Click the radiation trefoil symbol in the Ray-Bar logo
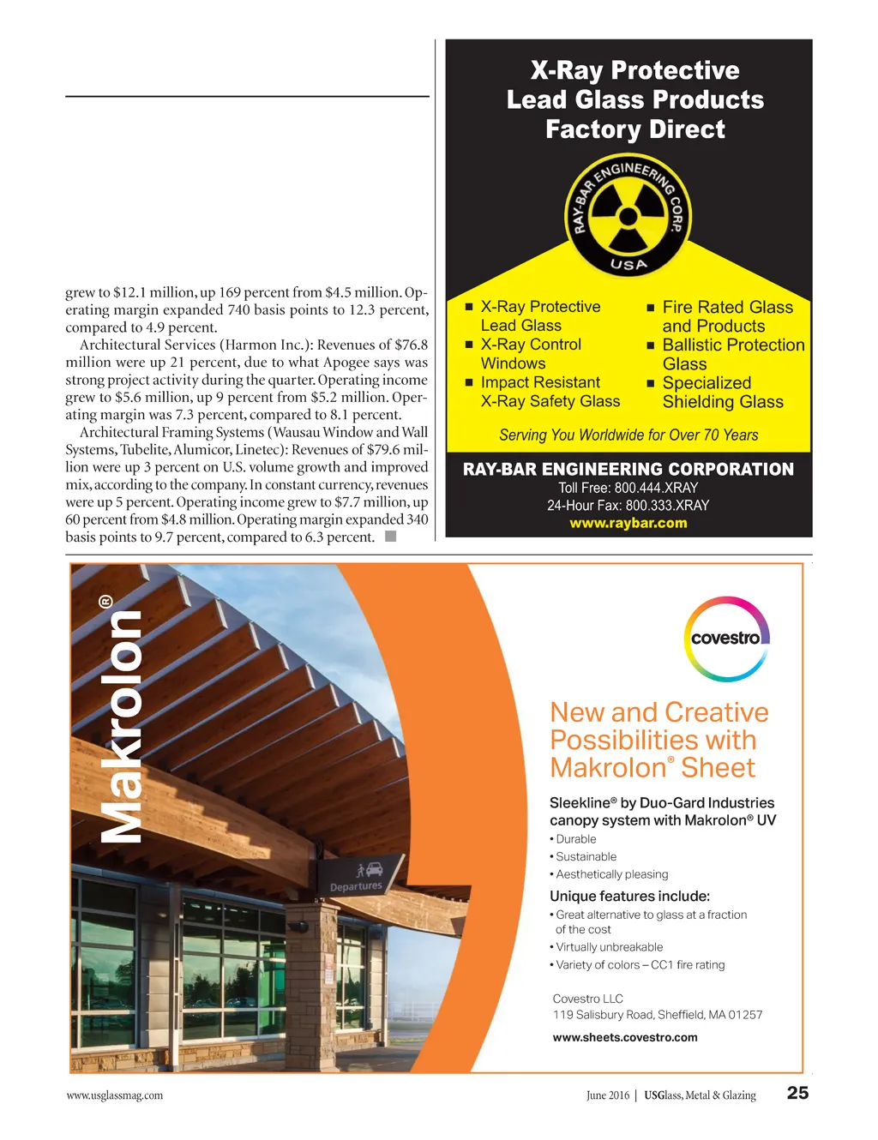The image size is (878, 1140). [628, 213]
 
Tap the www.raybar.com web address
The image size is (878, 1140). [628, 523]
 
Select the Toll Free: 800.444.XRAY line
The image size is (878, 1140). [628, 488]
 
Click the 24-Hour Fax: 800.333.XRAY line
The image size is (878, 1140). [628, 506]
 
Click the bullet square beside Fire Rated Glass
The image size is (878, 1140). [650, 308]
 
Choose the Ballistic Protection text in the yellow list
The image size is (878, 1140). [733, 345]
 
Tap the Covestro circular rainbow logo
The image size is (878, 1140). [726, 639]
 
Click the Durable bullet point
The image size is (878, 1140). [575, 839]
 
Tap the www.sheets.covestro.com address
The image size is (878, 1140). [625, 1037]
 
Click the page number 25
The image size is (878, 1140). [797, 1093]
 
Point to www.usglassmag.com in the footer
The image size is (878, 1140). [115, 1095]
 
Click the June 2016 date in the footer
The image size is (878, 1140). [607, 1095]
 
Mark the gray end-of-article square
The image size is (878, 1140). [390, 537]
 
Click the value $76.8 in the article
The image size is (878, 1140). [411, 345]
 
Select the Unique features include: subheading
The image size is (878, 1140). [629, 897]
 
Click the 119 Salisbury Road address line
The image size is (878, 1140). [657, 1015]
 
